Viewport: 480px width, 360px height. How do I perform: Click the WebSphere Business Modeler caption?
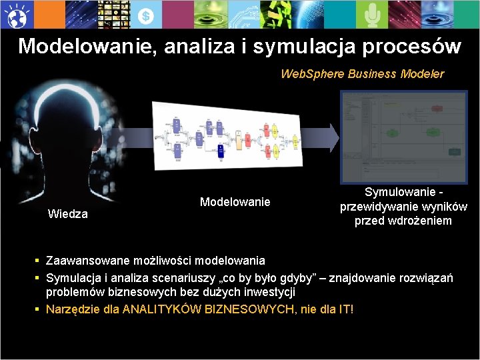click(362, 73)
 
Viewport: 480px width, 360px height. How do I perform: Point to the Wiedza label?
click(68, 214)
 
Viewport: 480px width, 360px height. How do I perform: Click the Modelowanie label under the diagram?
click(235, 201)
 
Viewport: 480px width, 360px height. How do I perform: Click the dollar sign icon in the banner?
click(147, 15)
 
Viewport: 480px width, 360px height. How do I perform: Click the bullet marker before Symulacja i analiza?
click(39, 277)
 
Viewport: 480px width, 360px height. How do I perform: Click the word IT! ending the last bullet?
click(345, 309)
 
